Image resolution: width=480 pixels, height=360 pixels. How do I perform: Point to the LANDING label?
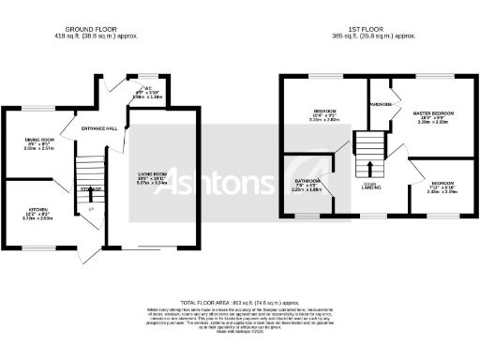click(x=369, y=188)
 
